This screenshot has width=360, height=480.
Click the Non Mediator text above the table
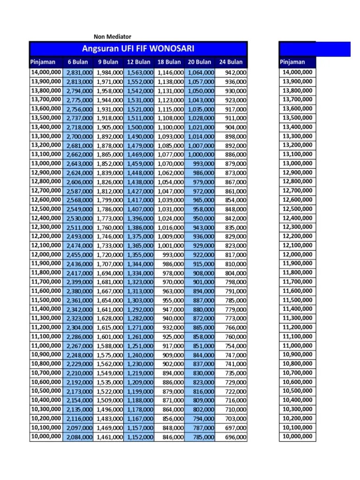point(112,37)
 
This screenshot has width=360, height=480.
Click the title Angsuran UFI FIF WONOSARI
point(138,49)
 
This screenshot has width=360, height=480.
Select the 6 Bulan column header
point(78,62)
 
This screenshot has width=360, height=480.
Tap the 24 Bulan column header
point(231,62)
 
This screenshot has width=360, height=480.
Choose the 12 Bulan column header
point(139,62)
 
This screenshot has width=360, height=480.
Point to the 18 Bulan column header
point(169,62)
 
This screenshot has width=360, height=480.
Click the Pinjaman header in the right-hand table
point(292,62)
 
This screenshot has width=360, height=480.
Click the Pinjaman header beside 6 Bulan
point(43,62)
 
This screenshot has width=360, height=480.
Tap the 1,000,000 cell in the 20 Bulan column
point(201,155)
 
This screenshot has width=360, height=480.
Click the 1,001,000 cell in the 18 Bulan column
point(171,246)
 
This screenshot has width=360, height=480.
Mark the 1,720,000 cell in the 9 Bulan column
point(110,255)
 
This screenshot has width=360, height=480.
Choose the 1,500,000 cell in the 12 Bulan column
point(140,127)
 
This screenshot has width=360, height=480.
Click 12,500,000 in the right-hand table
point(297,209)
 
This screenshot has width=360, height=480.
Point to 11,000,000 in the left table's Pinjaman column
point(46,346)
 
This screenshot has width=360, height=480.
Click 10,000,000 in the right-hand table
point(297,437)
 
